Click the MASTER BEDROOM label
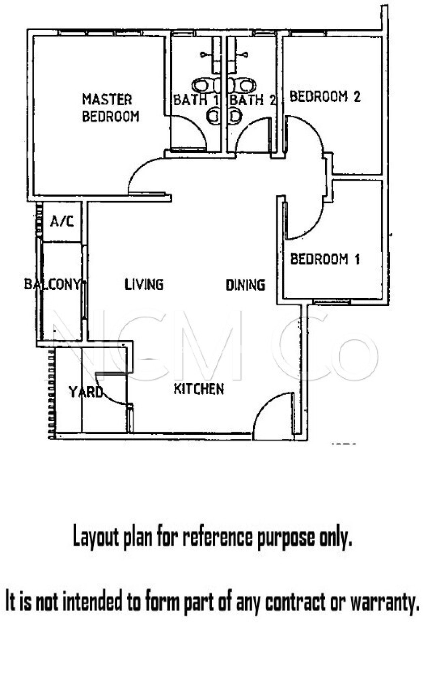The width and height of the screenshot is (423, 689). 111,108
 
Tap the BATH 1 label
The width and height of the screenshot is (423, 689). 196,100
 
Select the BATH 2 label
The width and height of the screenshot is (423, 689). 253,100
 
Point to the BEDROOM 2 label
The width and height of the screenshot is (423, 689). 325,97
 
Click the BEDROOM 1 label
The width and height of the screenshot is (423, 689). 325,259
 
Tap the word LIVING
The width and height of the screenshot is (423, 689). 144,284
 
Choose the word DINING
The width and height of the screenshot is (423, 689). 245,285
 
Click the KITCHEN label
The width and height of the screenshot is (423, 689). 199,389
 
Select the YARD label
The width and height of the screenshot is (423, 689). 86,392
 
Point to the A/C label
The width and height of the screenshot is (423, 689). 62,221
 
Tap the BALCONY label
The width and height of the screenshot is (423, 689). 52,284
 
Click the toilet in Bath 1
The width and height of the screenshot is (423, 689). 206,85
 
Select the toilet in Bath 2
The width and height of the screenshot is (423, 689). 242,85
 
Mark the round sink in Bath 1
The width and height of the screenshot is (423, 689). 213,116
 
